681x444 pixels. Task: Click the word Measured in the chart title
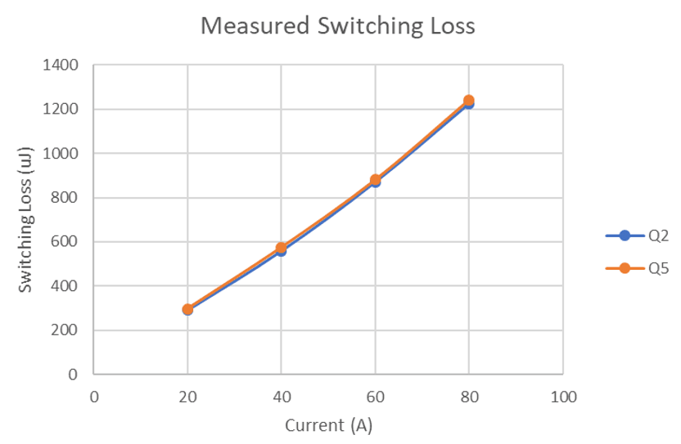click(x=251, y=26)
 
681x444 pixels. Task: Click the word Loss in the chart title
click(x=449, y=26)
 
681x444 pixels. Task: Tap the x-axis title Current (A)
click(x=328, y=425)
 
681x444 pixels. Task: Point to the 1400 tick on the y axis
click(x=61, y=65)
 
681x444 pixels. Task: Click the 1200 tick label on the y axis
click(x=61, y=109)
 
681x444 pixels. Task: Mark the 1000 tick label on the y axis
click(x=61, y=153)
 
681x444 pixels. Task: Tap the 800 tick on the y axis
click(x=65, y=197)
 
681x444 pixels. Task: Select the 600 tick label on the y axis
click(x=65, y=242)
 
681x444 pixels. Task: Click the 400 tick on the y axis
click(x=65, y=286)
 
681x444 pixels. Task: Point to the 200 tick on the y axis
click(x=65, y=330)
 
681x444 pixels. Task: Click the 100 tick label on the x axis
click(x=563, y=397)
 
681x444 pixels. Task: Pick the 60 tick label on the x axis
click(x=375, y=397)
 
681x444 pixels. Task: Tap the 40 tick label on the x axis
click(x=282, y=397)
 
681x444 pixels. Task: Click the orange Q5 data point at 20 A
click(x=187, y=309)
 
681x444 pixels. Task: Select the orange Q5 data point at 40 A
click(x=282, y=248)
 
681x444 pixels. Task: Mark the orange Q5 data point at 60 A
click(x=375, y=180)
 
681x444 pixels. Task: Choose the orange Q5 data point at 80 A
click(x=469, y=101)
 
